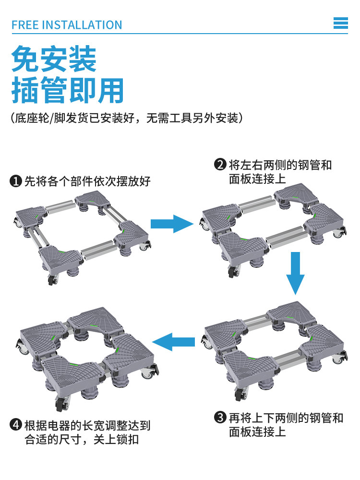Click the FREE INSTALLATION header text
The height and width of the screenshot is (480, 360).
(x=67, y=24)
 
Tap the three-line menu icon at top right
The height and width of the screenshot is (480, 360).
(x=340, y=23)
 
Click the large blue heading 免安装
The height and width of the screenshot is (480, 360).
(x=54, y=59)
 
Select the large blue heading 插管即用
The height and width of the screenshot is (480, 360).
(x=68, y=90)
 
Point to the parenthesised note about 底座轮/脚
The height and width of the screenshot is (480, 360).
(x=126, y=118)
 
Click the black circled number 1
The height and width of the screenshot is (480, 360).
(x=16, y=181)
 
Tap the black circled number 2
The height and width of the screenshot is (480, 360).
(x=220, y=165)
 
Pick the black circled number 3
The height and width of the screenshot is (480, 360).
(x=220, y=418)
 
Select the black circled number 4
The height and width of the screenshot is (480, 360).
(x=16, y=425)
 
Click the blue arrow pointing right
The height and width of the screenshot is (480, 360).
(x=171, y=224)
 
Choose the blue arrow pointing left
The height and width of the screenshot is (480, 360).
(x=173, y=342)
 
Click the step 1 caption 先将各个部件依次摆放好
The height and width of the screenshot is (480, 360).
(x=87, y=181)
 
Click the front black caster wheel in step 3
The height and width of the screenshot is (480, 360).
(x=239, y=395)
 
